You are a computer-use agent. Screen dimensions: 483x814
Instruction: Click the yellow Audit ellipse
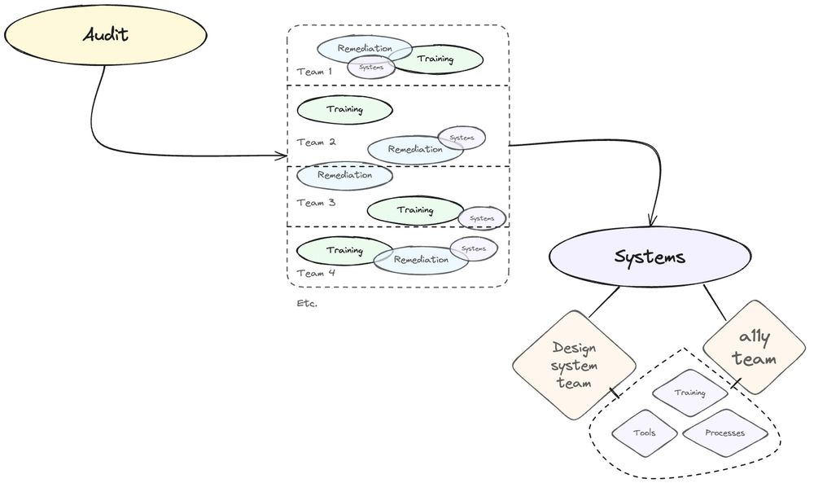105,36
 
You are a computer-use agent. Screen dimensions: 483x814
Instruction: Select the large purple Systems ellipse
649,257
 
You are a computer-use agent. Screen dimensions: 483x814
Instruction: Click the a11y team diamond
753,347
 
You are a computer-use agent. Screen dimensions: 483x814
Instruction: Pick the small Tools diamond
644,433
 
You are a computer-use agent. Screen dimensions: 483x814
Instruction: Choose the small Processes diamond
724,433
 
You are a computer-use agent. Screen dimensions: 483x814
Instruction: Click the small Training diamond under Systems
689,393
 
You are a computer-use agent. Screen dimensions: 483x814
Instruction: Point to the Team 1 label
314,72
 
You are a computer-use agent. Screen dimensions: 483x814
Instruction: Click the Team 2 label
316,142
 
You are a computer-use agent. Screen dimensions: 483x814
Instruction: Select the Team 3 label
316,203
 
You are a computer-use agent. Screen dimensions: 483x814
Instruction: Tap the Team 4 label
316,273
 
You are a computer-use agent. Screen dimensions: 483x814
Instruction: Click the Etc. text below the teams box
307,304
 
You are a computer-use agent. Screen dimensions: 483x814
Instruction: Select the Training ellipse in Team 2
344,109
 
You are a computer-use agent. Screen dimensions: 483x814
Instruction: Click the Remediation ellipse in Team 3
344,175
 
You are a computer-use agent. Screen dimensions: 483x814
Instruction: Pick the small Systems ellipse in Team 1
371,68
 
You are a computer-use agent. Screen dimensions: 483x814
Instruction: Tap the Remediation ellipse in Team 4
421,260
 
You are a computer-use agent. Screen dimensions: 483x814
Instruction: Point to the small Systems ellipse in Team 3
482,218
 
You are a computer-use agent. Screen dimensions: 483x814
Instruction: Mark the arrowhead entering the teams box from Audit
282,156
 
